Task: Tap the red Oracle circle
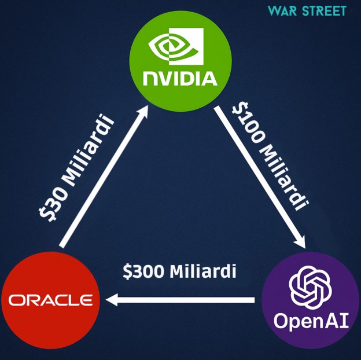(x=51, y=300)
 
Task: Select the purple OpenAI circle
(x=310, y=300)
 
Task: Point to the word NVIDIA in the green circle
(x=180, y=78)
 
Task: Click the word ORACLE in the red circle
(x=51, y=300)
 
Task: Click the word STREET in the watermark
(x=325, y=11)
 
